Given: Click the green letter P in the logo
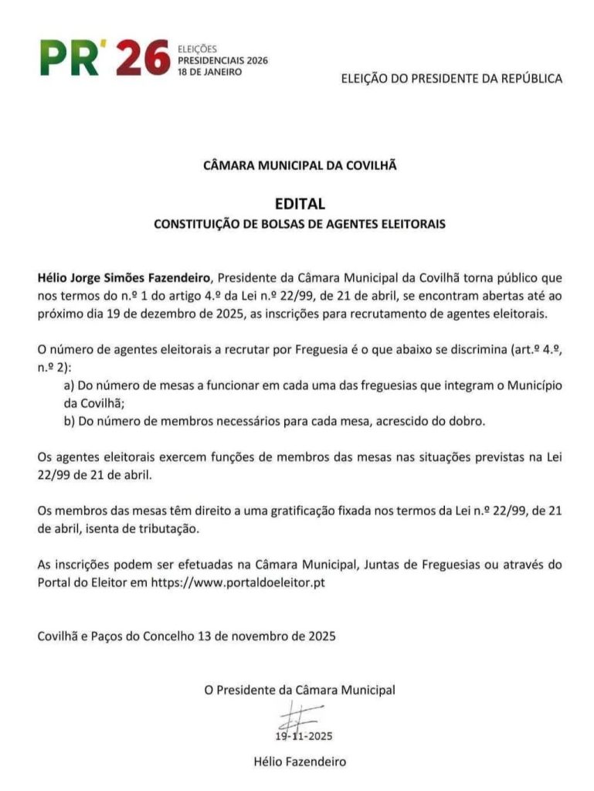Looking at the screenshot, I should click(x=55, y=59).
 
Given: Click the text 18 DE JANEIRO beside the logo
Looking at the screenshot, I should click(x=209, y=71).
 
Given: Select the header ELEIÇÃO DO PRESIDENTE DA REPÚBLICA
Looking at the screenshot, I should click(x=452, y=78).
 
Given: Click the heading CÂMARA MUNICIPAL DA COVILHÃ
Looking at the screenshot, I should click(x=300, y=165).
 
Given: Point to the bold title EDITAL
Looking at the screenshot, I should click(x=300, y=204).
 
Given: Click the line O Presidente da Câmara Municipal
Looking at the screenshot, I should click(x=300, y=690).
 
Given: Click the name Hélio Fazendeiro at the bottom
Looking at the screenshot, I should click(x=300, y=761).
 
